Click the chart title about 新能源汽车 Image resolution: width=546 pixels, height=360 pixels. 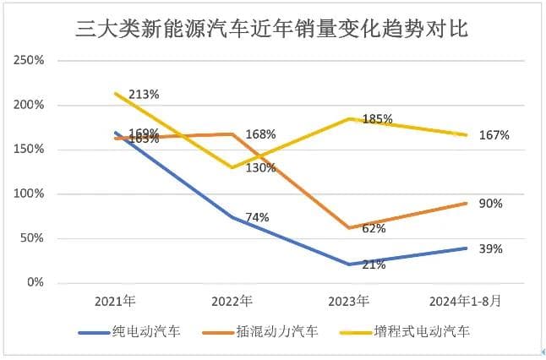[272, 31]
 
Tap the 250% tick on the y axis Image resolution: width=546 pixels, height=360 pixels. [30, 61]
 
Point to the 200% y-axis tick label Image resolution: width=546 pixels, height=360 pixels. [30, 106]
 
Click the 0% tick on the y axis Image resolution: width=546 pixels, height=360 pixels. [35, 282]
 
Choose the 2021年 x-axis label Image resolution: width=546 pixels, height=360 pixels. [116, 301]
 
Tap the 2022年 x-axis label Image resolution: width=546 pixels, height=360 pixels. [232, 301]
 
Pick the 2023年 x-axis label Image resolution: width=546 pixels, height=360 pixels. [348, 301]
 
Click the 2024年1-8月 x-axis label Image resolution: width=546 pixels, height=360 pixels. [463, 301]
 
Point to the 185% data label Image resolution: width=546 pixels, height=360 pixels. [377, 119]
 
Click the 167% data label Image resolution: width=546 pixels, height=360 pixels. [493, 134]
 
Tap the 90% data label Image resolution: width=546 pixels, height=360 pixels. [491, 204]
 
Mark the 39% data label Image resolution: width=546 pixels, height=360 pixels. [491, 248]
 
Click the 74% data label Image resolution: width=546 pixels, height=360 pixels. [257, 217]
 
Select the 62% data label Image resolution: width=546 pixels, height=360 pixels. [374, 228]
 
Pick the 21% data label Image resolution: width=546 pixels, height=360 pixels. [374, 265]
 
